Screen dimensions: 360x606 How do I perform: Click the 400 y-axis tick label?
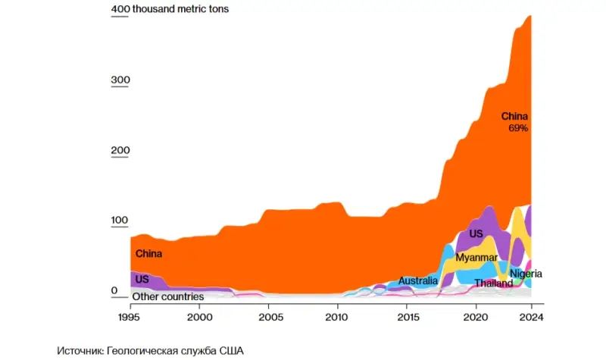pyautogui.click(x=120, y=10)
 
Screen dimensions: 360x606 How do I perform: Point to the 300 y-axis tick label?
pyautogui.click(x=120, y=80)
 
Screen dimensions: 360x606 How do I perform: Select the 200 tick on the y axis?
pyautogui.click(x=120, y=151)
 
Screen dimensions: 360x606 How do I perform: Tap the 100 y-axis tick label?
pyautogui.click(x=120, y=221)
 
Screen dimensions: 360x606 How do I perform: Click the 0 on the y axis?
pyautogui.click(x=114, y=291)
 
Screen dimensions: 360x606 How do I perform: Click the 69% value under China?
pyautogui.click(x=518, y=129)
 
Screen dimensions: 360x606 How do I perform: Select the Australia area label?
pyautogui.click(x=418, y=281)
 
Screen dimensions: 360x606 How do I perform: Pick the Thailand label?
pyautogui.click(x=493, y=283)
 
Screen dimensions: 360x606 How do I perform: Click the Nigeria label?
pyautogui.click(x=526, y=274)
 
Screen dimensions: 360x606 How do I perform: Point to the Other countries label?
pyautogui.click(x=167, y=296)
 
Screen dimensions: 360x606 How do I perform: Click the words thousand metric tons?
pyautogui.click(x=180, y=10)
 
